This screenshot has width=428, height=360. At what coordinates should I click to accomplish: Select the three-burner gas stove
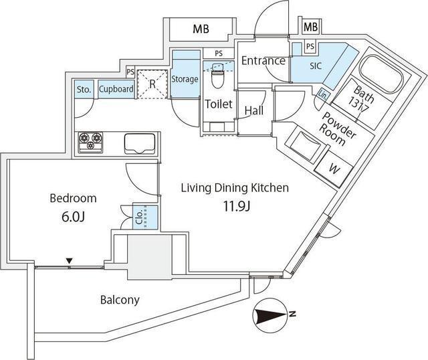pyautogui.click(x=91, y=143)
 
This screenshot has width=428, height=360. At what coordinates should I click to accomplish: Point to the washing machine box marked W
pyautogui.click(x=333, y=169)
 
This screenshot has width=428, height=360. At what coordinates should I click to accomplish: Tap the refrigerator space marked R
pyautogui.click(x=152, y=84)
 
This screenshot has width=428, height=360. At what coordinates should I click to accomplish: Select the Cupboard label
pyautogui.click(x=116, y=89)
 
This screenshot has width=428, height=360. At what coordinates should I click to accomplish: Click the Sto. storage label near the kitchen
pyautogui.click(x=84, y=89)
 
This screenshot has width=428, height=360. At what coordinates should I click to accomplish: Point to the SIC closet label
pyautogui.click(x=316, y=66)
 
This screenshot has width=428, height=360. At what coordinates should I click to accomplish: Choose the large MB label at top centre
pyautogui.click(x=201, y=29)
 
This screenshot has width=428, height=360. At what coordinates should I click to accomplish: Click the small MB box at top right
pyautogui.click(x=310, y=27)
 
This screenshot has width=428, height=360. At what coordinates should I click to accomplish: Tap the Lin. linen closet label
pyautogui.click(x=323, y=95)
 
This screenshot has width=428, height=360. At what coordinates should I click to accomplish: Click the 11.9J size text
pyautogui.click(x=237, y=207)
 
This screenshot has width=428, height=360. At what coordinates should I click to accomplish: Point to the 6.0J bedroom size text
pyautogui.click(x=73, y=217)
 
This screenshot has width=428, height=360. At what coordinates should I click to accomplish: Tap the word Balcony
pyautogui.click(x=120, y=300)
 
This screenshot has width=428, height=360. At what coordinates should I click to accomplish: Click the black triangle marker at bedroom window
pyautogui.click(x=70, y=261)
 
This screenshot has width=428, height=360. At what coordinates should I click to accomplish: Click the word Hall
pyautogui.click(x=254, y=110)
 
